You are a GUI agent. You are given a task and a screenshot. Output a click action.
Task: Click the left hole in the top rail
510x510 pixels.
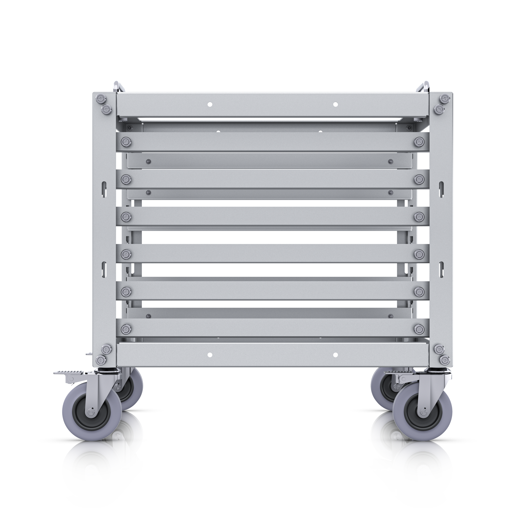(210, 104)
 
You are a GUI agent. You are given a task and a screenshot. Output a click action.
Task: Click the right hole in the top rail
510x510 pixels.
(335, 104)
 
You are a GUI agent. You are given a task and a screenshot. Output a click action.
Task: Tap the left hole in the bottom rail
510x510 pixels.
(210, 355)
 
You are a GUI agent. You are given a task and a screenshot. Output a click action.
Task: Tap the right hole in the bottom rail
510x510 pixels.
(335, 355)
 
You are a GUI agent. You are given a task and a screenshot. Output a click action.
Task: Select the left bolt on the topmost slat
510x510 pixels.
(126, 141)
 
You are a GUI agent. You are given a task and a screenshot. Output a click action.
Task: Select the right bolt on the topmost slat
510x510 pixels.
(419, 141)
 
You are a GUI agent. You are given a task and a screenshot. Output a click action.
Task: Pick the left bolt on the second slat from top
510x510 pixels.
(126, 179)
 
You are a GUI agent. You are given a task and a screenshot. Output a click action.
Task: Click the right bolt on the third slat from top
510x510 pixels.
(419, 216)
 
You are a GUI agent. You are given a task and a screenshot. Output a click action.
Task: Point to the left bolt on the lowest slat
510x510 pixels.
(126, 328)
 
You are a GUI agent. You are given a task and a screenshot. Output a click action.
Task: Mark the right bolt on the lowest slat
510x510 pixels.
(419, 328)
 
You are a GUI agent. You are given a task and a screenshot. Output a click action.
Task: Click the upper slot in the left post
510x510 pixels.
(104, 188)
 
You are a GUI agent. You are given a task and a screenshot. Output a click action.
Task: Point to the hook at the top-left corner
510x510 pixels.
(117, 86)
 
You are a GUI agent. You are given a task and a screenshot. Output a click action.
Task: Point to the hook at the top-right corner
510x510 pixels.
(425, 86)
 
